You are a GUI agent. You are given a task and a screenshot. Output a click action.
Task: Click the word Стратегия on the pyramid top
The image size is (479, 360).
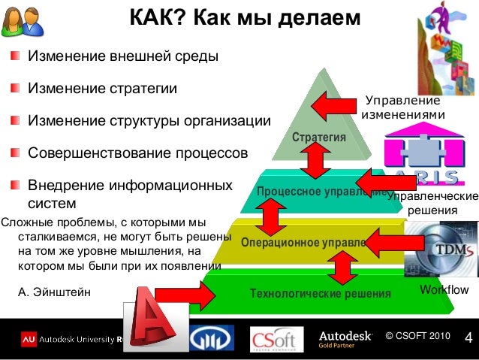tap(319, 138)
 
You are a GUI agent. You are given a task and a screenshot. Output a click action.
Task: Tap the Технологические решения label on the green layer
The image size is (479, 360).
tap(321, 293)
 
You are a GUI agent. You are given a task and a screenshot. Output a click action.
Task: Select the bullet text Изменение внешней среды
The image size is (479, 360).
tap(123, 56)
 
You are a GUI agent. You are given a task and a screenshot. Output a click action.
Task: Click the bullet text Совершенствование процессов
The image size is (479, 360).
tap(137, 153)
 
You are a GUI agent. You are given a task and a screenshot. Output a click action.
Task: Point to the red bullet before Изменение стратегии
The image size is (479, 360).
tap(16, 89)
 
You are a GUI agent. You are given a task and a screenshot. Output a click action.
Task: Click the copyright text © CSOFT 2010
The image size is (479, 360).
tap(418, 334)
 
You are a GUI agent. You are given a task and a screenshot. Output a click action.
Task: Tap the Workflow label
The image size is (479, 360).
tap(444, 290)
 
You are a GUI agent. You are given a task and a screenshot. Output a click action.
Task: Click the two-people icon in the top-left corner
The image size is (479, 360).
tap(20, 23)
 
